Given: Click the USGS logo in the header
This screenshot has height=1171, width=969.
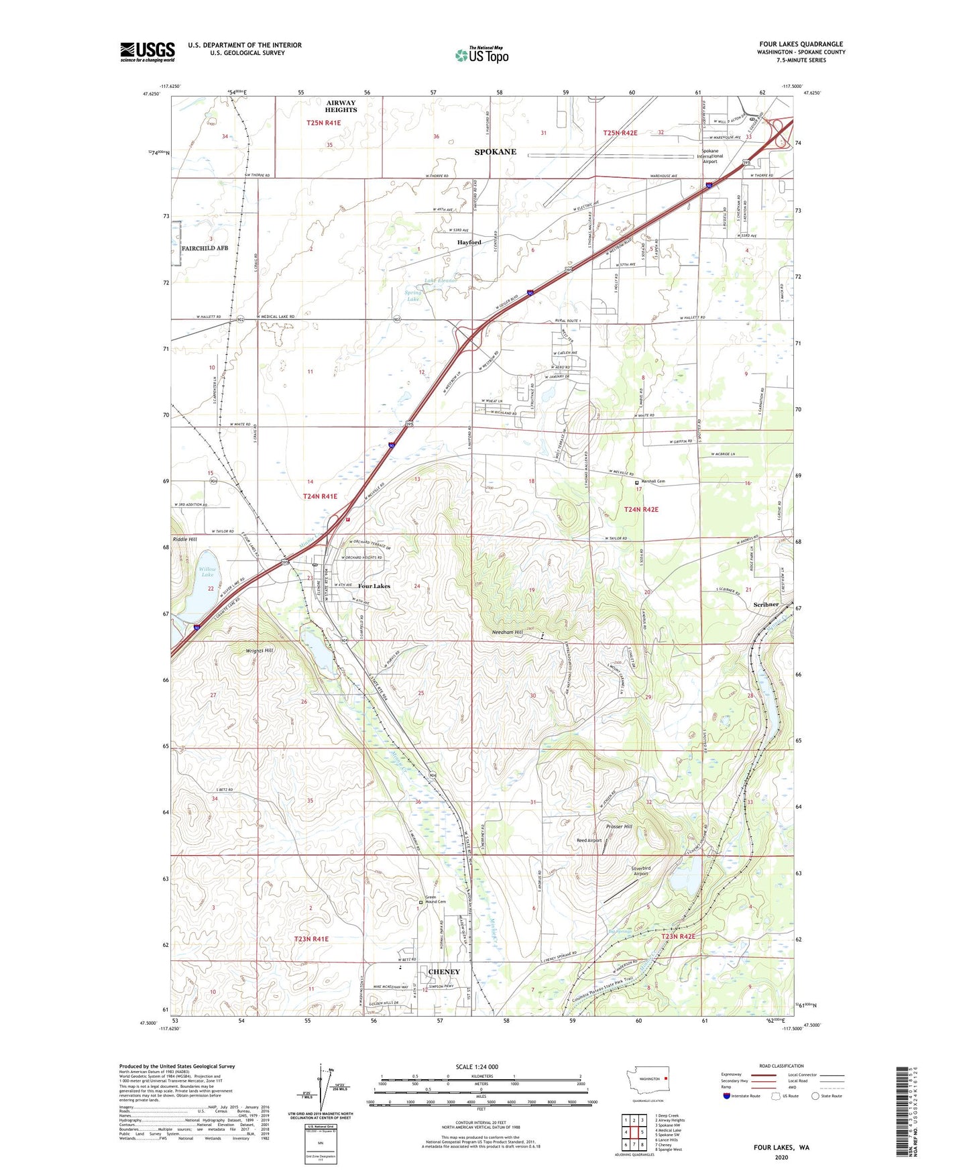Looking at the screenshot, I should point(148,51).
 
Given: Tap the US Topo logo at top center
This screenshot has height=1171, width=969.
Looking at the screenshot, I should point(481,55).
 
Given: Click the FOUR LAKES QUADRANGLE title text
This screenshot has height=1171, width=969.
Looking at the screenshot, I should point(801,44).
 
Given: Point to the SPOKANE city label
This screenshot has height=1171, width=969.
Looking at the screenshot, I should point(496,152).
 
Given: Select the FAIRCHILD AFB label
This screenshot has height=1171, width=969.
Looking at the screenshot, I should point(205,248).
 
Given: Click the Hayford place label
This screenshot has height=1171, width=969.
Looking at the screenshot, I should point(469,242).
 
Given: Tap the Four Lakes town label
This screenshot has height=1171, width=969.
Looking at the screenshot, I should point(374,586).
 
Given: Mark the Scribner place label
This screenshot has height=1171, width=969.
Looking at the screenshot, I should point(766,604).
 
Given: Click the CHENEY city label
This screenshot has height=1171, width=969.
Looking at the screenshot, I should point(444,972).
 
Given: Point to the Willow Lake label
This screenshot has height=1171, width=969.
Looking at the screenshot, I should point(208,572).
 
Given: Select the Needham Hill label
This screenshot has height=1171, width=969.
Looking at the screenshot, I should point(507,632).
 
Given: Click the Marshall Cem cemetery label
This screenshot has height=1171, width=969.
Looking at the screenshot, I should point(652,482).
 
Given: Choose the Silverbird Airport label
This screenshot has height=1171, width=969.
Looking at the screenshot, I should point(640,871).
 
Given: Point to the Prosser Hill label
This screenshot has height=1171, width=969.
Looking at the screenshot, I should point(618,826).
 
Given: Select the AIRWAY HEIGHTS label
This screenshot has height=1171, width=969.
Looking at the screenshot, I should point(341,107).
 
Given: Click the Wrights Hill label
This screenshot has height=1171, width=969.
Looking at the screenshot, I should point(260,651).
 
